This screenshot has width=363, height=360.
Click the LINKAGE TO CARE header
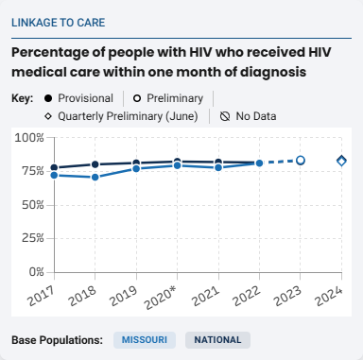59,22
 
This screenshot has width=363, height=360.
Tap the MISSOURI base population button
145,339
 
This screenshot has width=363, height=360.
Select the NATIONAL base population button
218,339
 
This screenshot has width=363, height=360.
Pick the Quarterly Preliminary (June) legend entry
121,117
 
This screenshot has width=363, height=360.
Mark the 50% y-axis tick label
31,204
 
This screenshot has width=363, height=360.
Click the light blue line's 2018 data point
95,178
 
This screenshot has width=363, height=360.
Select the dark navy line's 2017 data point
54,167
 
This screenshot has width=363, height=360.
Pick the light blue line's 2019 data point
136,168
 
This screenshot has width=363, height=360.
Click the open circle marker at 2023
301,161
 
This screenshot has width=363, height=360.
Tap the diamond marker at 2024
342,161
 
